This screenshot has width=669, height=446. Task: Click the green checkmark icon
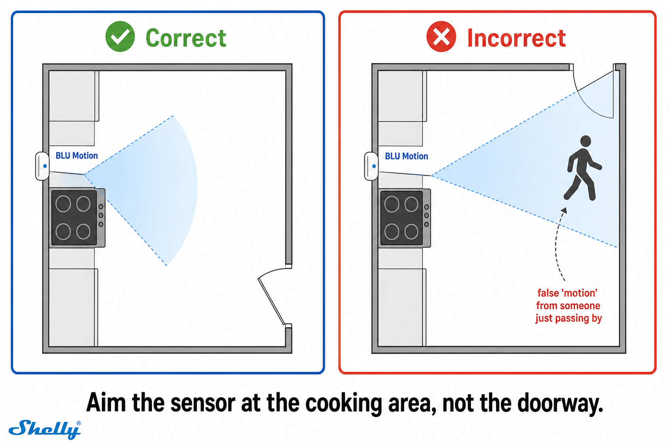tap(120, 37)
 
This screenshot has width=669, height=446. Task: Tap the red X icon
tap(441, 37)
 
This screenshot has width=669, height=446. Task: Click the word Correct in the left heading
tap(186, 38)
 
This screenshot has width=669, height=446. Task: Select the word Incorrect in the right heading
tap(517, 38)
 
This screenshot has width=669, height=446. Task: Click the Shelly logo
tap(45, 429)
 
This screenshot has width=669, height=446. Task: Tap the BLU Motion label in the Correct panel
tap(77, 155)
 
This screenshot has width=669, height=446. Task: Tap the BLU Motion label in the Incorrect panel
tap(406, 156)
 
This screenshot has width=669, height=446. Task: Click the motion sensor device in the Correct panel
tap(42, 166)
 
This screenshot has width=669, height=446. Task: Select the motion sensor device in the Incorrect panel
tap(371, 166)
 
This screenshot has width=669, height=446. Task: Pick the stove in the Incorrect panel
tap(405, 218)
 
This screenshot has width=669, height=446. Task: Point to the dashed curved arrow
tap(557, 243)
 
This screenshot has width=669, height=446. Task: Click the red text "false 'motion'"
tap(567, 293)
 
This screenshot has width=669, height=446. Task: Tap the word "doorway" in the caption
tap(560, 403)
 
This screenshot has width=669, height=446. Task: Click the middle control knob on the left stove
tap(101, 216)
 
